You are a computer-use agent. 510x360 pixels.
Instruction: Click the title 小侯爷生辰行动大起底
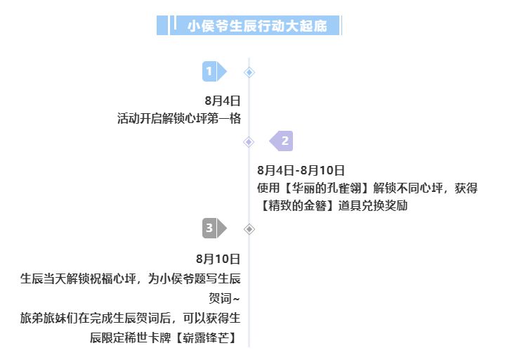(x=257, y=26)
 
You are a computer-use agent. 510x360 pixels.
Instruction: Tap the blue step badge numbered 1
(x=214, y=71)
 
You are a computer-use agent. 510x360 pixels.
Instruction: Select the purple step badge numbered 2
(x=281, y=141)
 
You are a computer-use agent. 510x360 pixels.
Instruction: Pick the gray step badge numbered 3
(x=214, y=229)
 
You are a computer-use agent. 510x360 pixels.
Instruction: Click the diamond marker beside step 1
(x=249, y=72)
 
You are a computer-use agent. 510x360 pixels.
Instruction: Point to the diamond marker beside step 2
(x=249, y=142)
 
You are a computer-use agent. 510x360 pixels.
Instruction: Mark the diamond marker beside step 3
(x=249, y=229)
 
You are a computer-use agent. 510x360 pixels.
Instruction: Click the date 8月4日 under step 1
(x=223, y=101)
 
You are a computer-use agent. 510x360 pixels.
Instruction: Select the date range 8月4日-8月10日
(x=301, y=170)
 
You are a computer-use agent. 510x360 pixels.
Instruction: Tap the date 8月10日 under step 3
(x=218, y=259)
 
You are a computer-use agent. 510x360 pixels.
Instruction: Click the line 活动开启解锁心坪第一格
(x=179, y=119)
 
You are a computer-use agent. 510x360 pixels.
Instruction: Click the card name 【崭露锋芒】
(x=207, y=338)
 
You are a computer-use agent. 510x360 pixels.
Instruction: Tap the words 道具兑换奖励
(x=373, y=206)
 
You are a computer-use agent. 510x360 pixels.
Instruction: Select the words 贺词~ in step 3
(x=224, y=298)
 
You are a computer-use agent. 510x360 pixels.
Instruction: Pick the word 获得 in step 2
(x=466, y=188)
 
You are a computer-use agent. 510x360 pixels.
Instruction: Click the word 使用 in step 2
(x=268, y=188)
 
